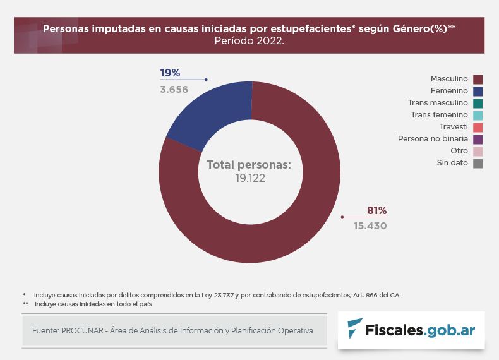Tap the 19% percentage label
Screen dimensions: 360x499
[170, 73]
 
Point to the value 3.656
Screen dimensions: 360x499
[174, 89]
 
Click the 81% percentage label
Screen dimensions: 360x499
[376, 211]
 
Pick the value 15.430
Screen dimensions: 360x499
[370, 225]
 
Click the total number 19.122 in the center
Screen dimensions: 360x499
[250, 178]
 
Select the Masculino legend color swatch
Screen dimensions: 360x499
[478, 79]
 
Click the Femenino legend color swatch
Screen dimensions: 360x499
[478, 91]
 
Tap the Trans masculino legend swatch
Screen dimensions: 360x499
[478, 103]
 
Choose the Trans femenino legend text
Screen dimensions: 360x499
[439, 115]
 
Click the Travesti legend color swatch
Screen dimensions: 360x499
[478, 127]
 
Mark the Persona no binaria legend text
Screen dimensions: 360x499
[433, 139]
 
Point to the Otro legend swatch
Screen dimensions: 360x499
[478, 152]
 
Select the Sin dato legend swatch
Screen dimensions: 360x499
[478, 164]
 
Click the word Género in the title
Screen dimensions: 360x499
[411, 29]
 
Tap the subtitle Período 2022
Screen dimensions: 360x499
[249, 41]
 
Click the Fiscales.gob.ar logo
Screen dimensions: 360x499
[411, 329]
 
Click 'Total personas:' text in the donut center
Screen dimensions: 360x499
[249, 165]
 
